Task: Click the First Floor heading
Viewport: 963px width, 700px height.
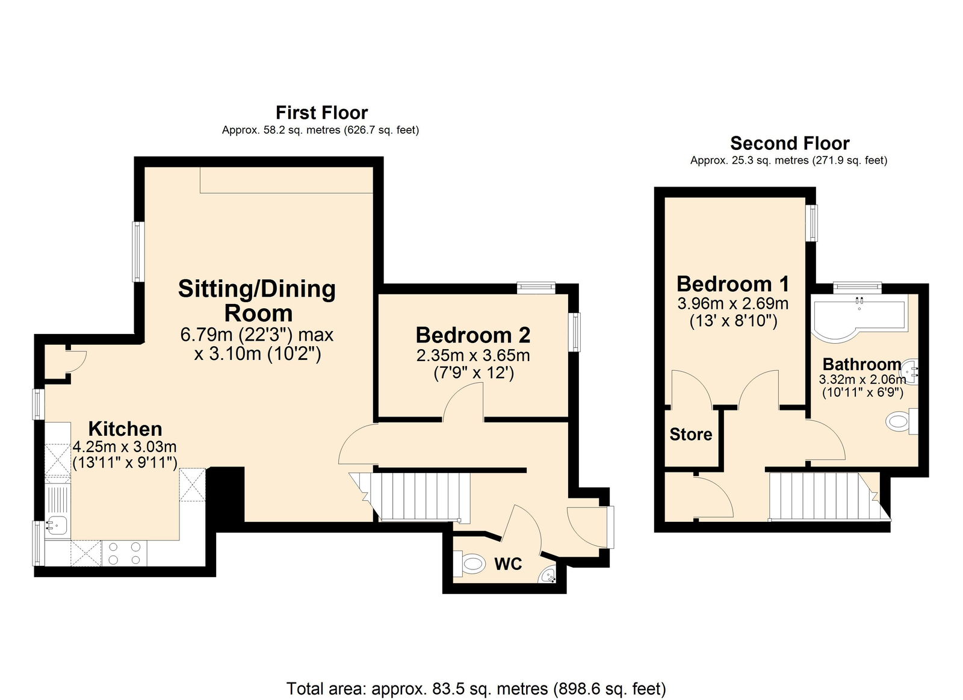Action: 321,113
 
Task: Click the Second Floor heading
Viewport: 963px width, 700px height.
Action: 789,143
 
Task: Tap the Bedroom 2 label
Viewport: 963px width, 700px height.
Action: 473,335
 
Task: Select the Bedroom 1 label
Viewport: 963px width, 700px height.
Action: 732,283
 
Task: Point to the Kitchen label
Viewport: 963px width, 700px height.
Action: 125,429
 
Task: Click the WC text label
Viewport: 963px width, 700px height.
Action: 508,564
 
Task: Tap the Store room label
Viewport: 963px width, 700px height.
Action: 690,434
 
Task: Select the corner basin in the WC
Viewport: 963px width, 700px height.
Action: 548,576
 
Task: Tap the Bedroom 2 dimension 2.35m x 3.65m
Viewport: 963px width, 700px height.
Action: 473,355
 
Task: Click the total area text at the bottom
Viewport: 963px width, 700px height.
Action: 475,689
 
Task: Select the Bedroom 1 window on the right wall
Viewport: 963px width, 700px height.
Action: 813,223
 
